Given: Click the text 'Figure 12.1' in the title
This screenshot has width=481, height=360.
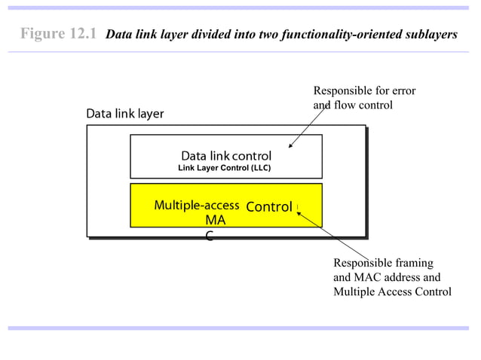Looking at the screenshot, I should (x=58, y=34).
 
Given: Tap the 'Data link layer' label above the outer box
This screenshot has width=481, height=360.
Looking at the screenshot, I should (x=124, y=114).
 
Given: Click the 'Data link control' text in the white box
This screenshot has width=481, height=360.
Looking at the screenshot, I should (x=226, y=156).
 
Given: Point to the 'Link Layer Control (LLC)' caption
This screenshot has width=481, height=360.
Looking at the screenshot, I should (x=224, y=168).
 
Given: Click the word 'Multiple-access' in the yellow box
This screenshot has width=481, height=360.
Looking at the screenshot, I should (x=197, y=206).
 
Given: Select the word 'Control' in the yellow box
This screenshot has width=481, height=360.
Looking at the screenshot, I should (x=269, y=206).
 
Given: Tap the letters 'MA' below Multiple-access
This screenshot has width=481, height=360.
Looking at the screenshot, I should (x=215, y=221).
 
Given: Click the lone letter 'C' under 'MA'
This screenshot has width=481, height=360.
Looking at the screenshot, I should (x=210, y=236).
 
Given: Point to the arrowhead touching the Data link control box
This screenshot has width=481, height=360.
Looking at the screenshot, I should (x=291, y=145).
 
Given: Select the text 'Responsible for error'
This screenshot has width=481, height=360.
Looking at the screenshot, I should (x=364, y=91).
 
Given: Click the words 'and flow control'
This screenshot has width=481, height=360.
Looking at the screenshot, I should (x=353, y=105).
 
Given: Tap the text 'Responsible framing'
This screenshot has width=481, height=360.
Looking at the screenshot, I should (x=383, y=263).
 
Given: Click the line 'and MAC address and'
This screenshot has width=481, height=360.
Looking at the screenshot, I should (x=387, y=277).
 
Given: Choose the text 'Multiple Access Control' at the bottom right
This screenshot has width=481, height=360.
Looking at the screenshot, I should (x=392, y=291).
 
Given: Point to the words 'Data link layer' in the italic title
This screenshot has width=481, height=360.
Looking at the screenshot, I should (x=145, y=35).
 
